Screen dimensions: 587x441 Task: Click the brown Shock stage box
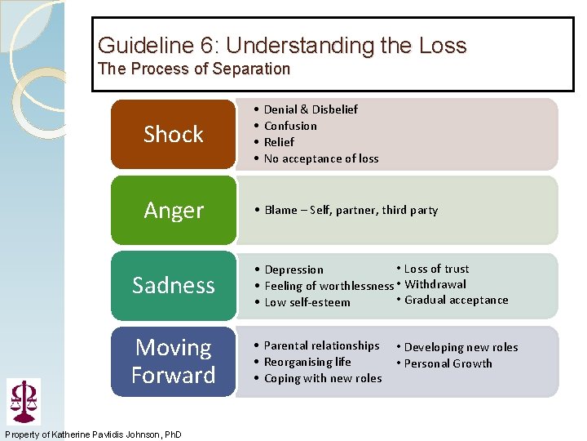[x=173, y=134]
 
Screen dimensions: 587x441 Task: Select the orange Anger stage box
[x=173, y=210]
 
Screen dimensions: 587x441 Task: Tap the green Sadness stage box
[x=173, y=285]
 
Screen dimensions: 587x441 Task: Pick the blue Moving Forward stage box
[x=173, y=361]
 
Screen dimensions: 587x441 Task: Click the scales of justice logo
[x=23, y=400]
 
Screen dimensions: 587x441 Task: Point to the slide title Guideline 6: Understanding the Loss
[x=282, y=45]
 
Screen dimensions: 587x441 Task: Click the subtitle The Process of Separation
[x=194, y=69]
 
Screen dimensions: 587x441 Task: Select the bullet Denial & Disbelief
[x=311, y=109]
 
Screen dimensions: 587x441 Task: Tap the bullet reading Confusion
[x=290, y=126]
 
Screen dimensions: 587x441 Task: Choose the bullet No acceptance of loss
[x=321, y=158]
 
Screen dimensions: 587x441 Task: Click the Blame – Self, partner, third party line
[x=351, y=210]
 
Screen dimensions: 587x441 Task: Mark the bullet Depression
[x=293, y=269]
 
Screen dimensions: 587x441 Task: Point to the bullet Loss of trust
[x=436, y=269]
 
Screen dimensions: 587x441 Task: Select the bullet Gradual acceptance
[x=456, y=300]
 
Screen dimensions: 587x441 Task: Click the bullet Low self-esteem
[x=307, y=302]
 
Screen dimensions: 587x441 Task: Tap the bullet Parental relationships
[x=321, y=345]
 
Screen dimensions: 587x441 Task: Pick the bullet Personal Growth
[x=448, y=363]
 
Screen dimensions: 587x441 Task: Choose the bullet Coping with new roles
[x=322, y=378]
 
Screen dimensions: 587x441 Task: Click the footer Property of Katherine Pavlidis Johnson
[x=94, y=433]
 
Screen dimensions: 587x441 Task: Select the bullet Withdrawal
[x=435, y=284]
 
